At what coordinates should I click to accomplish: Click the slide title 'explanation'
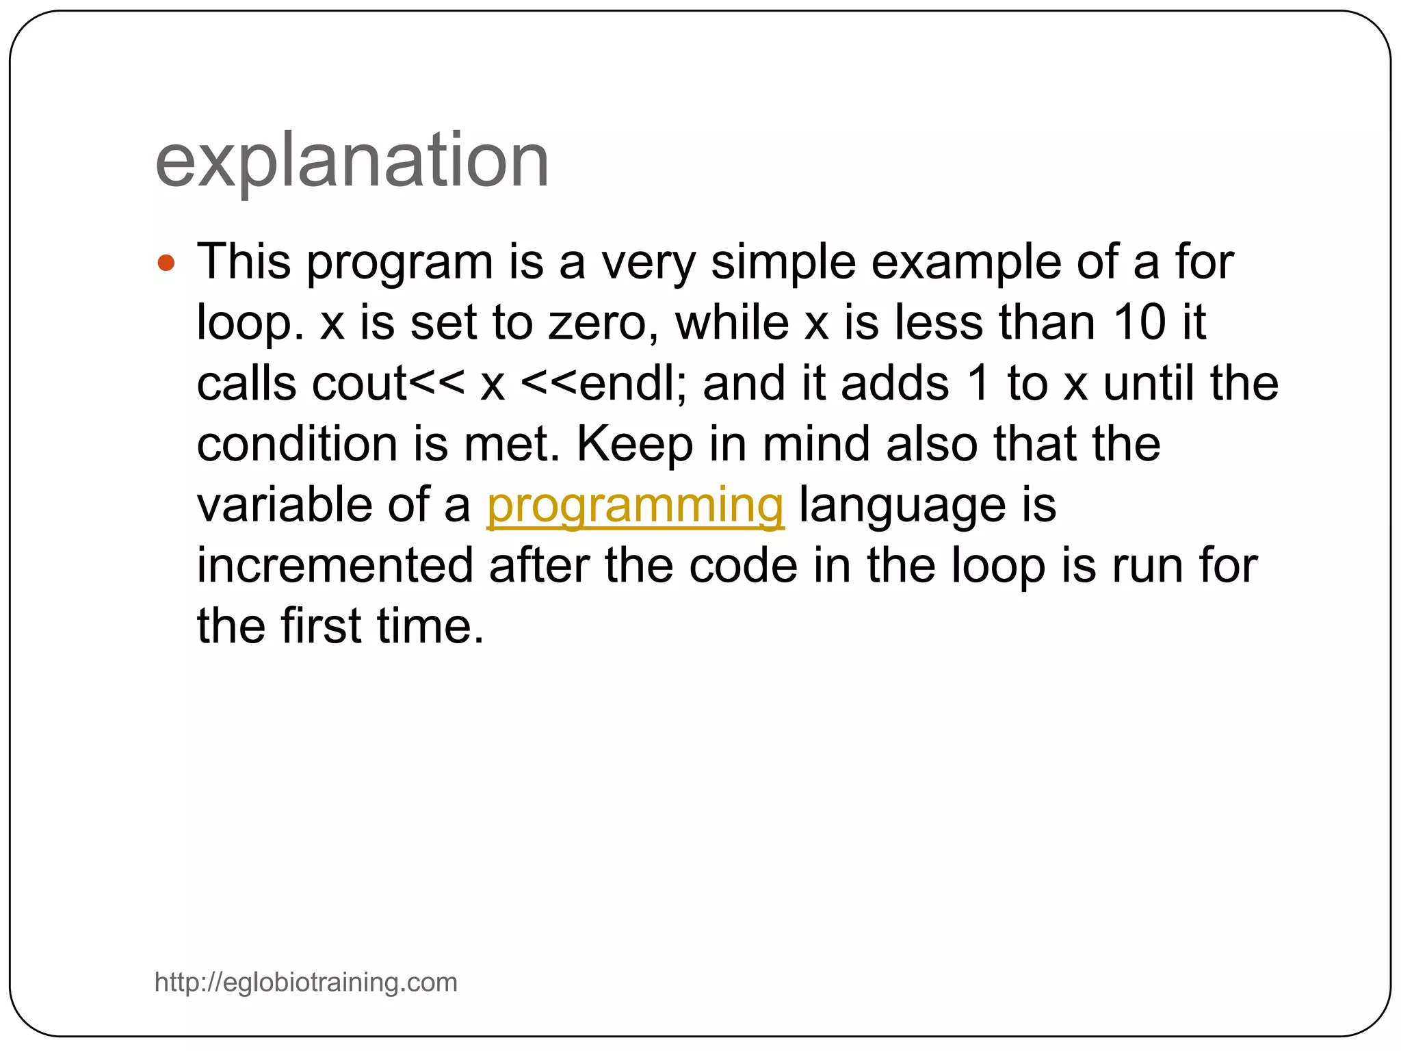[x=352, y=161]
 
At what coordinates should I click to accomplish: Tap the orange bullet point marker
[x=166, y=263]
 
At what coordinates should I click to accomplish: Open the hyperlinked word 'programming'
[x=635, y=506]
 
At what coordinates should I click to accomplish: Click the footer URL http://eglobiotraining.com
[x=306, y=982]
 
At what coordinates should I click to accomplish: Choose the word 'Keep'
[x=634, y=445]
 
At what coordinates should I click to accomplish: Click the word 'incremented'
[x=335, y=566]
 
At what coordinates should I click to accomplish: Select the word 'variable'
[x=285, y=505]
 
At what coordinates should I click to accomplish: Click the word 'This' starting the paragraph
[x=244, y=262]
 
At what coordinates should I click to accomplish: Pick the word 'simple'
[x=783, y=263]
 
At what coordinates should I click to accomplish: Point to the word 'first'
[x=320, y=627]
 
